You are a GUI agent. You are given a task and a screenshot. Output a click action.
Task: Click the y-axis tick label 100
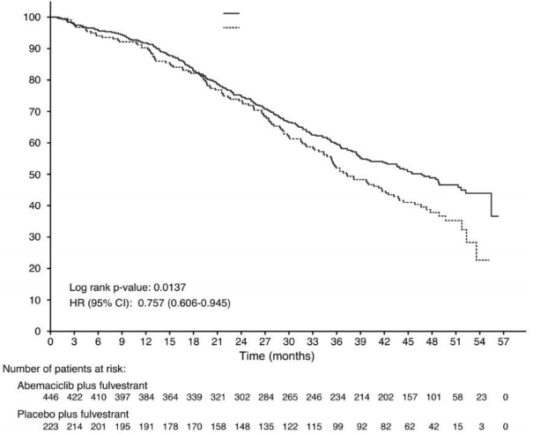[32, 18]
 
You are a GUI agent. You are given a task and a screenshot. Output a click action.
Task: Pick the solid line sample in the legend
[232, 14]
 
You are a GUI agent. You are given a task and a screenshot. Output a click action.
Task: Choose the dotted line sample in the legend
[232, 28]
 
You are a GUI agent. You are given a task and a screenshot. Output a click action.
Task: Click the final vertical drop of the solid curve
[492, 205]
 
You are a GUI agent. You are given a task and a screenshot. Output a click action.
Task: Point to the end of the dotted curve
[488, 260]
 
